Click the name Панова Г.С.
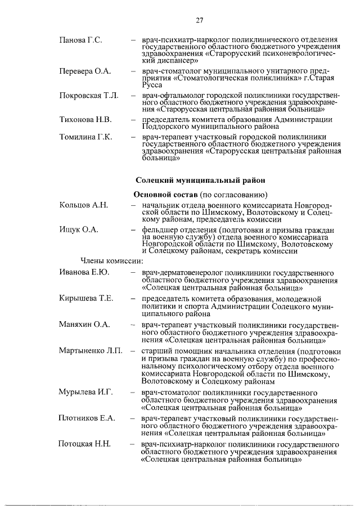(80, 41)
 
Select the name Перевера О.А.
(85, 72)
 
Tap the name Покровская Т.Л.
(89, 96)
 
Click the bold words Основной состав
(165, 195)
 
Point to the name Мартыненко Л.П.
(91, 351)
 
